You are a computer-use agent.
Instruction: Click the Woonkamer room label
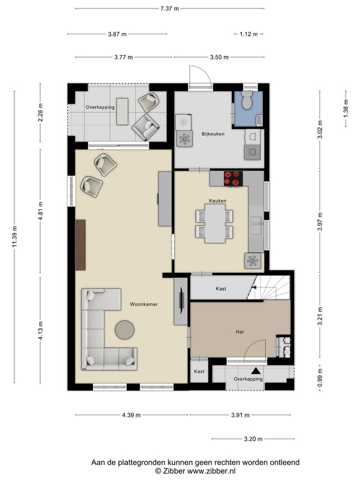[x=144, y=304]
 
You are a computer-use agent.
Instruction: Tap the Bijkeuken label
[x=213, y=134]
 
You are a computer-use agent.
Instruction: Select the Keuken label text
[x=218, y=201]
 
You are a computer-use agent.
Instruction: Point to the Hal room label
[x=239, y=332]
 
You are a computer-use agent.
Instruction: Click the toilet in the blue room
[x=247, y=100]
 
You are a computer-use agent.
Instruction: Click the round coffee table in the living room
[x=125, y=329]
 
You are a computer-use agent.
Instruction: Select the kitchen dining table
[x=215, y=223]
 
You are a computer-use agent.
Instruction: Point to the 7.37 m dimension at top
[x=170, y=8]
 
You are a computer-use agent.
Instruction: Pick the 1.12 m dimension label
[x=248, y=34]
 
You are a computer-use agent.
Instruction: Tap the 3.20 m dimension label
[x=253, y=439]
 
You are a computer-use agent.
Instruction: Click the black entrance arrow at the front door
[x=256, y=371]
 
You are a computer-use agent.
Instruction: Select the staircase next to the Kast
[x=268, y=287]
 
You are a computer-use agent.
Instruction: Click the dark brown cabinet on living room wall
[x=80, y=245]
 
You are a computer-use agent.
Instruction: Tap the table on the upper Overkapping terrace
[x=122, y=112]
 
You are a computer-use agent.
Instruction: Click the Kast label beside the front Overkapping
[x=199, y=371]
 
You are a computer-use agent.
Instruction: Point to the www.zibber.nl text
[x=211, y=471]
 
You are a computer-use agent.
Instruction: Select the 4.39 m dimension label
[x=131, y=415]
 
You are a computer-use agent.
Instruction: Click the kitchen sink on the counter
[x=256, y=225]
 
